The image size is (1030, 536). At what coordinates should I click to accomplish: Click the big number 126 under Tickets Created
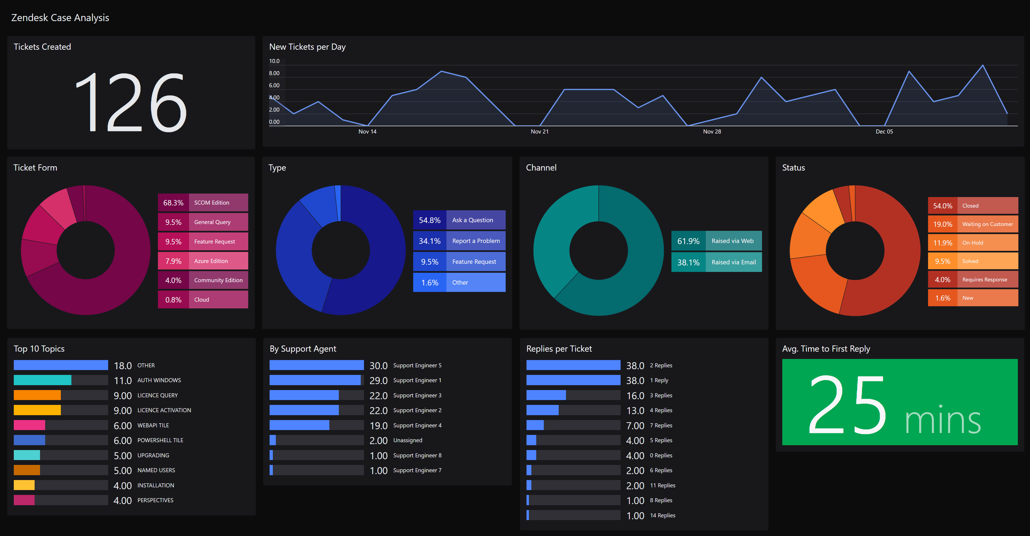[131, 102]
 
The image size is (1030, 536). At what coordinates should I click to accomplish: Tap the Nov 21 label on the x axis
[539, 132]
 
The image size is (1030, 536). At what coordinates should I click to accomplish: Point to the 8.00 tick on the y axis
[274, 73]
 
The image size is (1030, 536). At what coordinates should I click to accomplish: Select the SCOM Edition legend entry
[211, 203]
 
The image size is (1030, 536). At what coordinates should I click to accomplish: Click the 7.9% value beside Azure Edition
[173, 261]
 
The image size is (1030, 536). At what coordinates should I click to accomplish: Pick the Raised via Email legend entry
[733, 262]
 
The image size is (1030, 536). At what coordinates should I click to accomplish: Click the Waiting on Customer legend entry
[987, 224]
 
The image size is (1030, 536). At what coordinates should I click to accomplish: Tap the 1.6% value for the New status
[942, 298]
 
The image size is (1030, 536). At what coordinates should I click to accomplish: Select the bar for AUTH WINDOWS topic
[42, 380]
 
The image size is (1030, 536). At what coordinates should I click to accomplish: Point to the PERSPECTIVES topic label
[155, 500]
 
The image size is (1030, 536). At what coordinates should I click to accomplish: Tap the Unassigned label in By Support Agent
[408, 440]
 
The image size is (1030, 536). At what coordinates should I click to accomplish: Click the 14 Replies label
[662, 515]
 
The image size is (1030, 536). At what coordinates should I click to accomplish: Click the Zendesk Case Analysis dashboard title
[60, 18]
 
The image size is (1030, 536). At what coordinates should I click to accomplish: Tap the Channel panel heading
[541, 168]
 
